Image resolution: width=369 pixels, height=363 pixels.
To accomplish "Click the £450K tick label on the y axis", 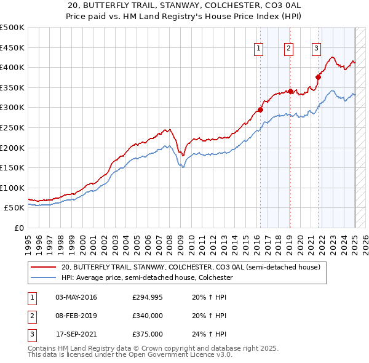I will tap(12, 47).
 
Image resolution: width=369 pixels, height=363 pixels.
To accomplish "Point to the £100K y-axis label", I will tap(12, 188).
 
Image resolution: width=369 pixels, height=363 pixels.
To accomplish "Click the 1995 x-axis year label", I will tap(28, 239).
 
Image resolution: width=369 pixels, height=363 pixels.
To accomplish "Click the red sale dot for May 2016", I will tap(260, 110).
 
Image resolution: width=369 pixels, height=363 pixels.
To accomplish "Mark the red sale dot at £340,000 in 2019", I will tap(290, 91).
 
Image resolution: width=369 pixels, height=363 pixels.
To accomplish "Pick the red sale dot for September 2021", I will tap(319, 77).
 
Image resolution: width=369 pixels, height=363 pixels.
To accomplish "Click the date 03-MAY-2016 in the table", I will tap(76, 298).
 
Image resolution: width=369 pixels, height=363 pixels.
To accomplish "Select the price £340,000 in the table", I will tap(148, 316).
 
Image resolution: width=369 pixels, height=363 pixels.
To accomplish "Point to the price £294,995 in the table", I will tap(148, 298).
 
